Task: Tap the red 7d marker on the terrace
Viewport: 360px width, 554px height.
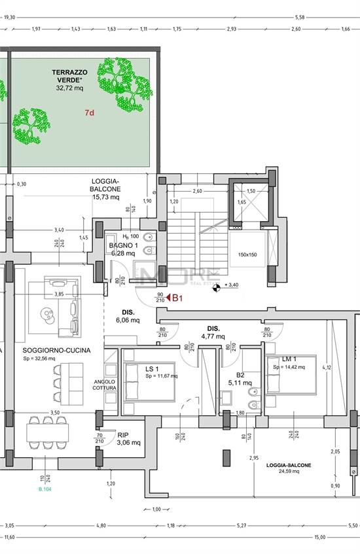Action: pos(90,113)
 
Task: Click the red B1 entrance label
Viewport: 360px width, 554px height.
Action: pos(176,298)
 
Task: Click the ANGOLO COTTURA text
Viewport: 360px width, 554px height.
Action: pos(105,387)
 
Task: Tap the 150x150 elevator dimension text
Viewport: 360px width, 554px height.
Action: pos(248,254)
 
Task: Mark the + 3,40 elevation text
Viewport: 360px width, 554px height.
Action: pos(231,285)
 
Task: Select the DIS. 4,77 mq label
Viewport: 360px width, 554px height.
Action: pos(213,332)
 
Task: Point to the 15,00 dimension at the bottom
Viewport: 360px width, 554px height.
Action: pos(319,537)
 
